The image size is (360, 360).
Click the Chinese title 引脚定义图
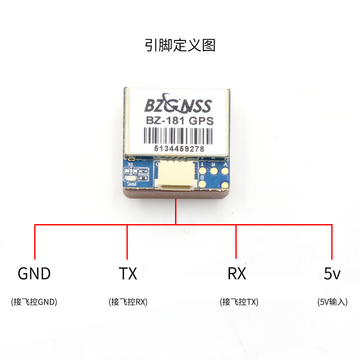point(180,45)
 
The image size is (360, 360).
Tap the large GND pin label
point(34,274)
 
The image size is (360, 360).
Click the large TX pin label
point(128,274)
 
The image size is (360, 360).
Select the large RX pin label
point(237,274)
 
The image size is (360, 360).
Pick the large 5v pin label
point(332,274)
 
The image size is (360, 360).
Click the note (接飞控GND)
point(34,302)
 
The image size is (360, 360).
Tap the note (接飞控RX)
point(128,302)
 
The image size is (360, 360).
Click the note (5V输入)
point(332,302)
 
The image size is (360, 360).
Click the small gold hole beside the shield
point(131,159)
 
